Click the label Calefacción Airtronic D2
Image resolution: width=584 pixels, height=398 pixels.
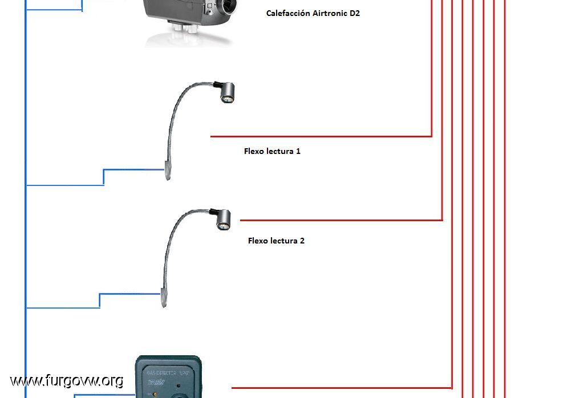[x=313, y=13]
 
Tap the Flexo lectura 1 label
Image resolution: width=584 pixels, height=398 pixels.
[x=272, y=152]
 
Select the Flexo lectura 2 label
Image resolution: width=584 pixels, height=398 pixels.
[x=276, y=241]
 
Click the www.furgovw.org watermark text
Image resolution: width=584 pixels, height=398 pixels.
[x=66, y=380]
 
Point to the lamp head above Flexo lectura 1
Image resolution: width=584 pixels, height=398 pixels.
[x=226, y=92]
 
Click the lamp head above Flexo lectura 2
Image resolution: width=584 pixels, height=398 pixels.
[x=223, y=220]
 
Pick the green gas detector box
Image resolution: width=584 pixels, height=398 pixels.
[x=168, y=377]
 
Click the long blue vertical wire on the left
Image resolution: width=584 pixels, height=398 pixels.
[x=26, y=228]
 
